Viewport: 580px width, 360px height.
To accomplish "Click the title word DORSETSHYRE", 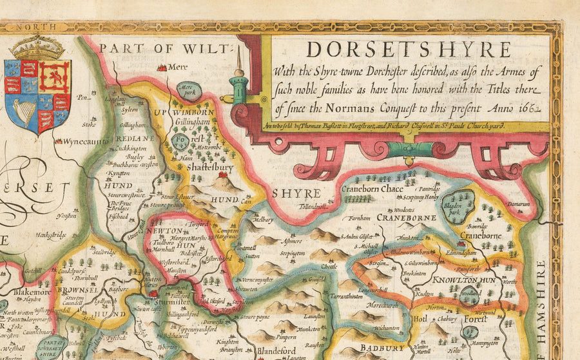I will click(408, 50).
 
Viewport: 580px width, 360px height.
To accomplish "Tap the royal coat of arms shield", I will click(37, 94).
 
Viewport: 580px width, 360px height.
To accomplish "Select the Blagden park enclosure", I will click(458, 202).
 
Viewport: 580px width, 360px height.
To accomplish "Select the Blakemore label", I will click(24, 292).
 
